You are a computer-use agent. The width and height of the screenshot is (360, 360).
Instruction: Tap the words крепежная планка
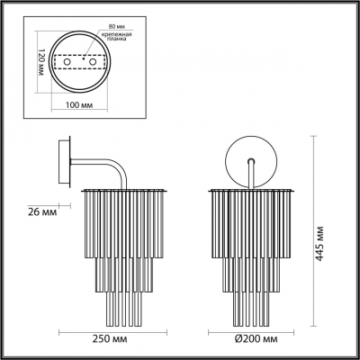(x=118, y=38)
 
